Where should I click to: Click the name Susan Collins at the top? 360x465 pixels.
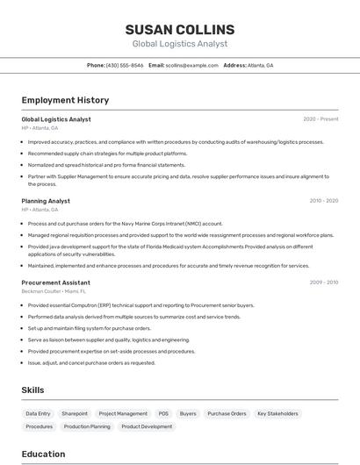click(x=179, y=29)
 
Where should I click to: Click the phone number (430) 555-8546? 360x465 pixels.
click(x=125, y=65)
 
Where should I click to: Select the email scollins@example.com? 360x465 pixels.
click(x=191, y=65)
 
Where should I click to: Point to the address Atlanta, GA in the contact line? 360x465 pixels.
click(x=260, y=65)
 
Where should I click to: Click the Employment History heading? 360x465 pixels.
click(x=65, y=100)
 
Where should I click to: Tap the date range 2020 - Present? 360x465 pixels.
click(x=320, y=119)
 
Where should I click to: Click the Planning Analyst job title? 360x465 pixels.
click(x=46, y=201)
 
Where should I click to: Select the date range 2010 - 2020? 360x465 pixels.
click(x=323, y=201)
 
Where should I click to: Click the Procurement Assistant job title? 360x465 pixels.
click(x=56, y=283)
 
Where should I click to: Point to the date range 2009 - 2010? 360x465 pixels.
click(x=323, y=283)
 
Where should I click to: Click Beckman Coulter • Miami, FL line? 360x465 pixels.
click(x=54, y=290)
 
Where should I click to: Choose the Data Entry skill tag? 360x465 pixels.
click(x=38, y=413)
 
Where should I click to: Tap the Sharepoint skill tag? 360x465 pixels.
click(x=75, y=413)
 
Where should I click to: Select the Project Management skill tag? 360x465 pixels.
click(x=123, y=413)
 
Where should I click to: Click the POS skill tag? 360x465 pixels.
click(x=163, y=413)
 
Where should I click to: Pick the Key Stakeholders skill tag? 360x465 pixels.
click(x=277, y=413)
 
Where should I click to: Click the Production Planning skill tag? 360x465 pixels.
click(x=87, y=426)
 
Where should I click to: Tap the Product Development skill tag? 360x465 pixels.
click(x=147, y=426)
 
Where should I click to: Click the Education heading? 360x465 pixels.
click(x=43, y=454)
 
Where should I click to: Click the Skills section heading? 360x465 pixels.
click(x=32, y=390)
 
